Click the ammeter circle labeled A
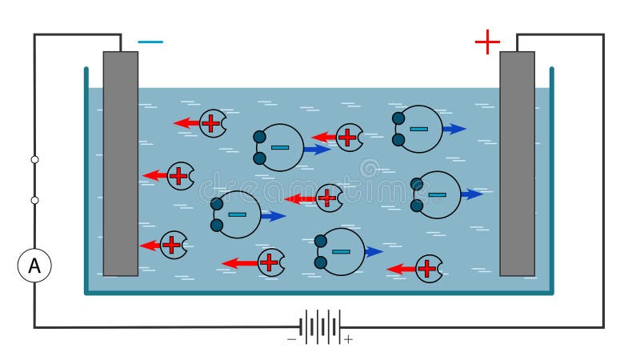[x=34, y=266]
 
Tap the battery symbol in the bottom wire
[x=320, y=326]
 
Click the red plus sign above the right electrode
[x=487, y=42]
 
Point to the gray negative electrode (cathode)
[x=121, y=163]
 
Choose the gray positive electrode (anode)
[x=517, y=163]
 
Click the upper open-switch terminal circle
[x=34, y=159]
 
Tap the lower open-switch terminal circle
[x=34, y=200]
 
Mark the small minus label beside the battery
[x=291, y=340]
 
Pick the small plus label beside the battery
[x=348, y=340]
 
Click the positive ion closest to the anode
[x=429, y=269]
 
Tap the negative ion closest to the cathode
[x=237, y=214]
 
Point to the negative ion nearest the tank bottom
[x=341, y=251]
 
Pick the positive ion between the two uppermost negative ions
[x=349, y=137]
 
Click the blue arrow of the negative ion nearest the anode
[x=472, y=194]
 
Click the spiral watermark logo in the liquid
[x=370, y=168]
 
